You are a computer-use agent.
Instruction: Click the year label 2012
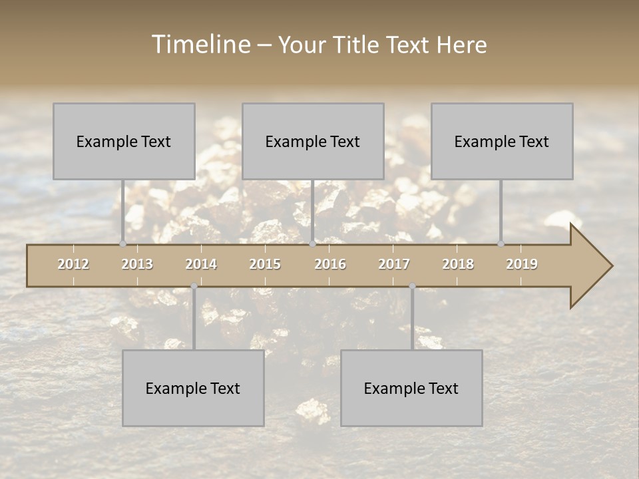pyautogui.click(x=73, y=264)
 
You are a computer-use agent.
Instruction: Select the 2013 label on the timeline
pyautogui.click(x=137, y=264)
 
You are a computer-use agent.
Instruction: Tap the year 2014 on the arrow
pyautogui.click(x=201, y=264)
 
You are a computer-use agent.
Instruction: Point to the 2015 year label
pyautogui.click(x=265, y=264)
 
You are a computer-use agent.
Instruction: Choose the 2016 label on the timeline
pyautogui.click(x=330, y=264)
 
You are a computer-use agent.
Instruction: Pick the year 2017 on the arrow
pyautogui.click(x=394, y=264)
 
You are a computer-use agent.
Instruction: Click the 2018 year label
pyautogui.click(x=458, y=264)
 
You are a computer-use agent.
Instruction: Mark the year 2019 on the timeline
pyautogui.click(x=522, y=264)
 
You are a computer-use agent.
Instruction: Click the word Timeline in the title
pyautogui.click(x=200, y=45)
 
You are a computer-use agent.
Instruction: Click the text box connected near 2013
pyautogui.click(x=124, y=141)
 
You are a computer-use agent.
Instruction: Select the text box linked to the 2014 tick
pyautogui.click(x=193, y=388)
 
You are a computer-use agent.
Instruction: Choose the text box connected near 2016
pyautogui.click(x=313, y=141)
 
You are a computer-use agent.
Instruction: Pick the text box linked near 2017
pyautogui.click(x=411, y=388)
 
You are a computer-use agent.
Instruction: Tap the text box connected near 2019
pyautogui.click(x=502, y=141)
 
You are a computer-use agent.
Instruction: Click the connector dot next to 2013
pyautogui.click(x=122, y=244)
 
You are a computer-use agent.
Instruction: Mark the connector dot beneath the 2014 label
pyautogui.click(x=194, y=286)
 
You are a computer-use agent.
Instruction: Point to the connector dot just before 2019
pyautogui.click(x=501, y=244)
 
